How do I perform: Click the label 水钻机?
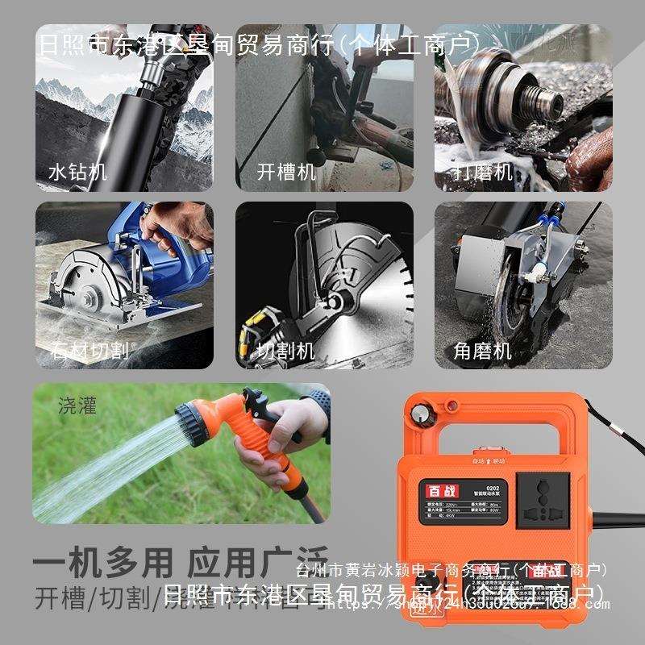click(77, 171)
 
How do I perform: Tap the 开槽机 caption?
click(286, 171)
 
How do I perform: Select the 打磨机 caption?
click(483, 171)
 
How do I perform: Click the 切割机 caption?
click(285, 351)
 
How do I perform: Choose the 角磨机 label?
click(483, 351)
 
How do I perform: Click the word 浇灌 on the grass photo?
click(77, 405)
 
